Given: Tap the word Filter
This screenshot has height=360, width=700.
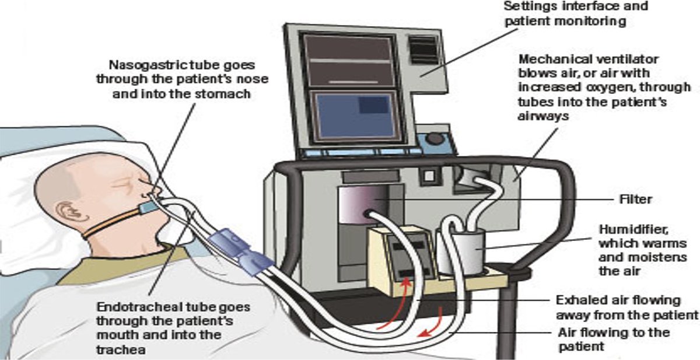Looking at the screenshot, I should click(635, 200).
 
